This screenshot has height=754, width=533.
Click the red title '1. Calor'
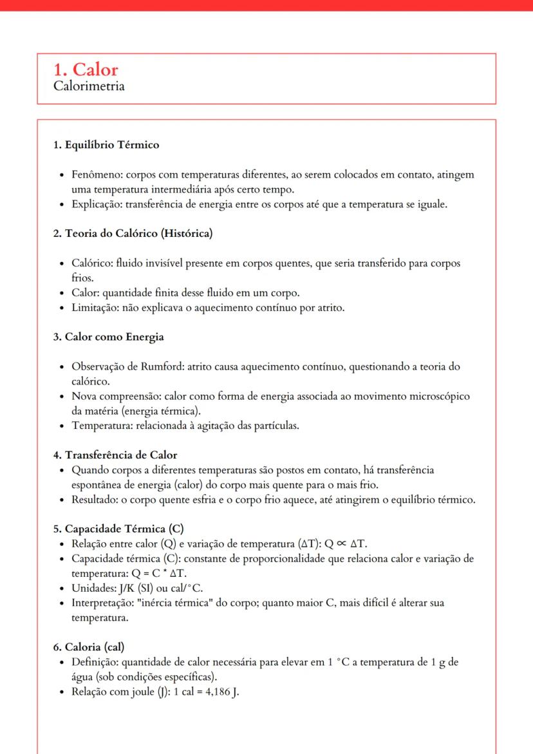[86, 70]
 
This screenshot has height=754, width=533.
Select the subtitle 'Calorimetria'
[89, 86]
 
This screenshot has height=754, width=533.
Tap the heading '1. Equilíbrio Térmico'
[106, 145]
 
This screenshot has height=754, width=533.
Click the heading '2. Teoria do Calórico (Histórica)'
[133, 234]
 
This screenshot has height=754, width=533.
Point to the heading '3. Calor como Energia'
[108, 337]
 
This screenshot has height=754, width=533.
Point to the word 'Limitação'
[96, 308]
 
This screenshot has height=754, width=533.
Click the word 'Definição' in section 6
[95, 663]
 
